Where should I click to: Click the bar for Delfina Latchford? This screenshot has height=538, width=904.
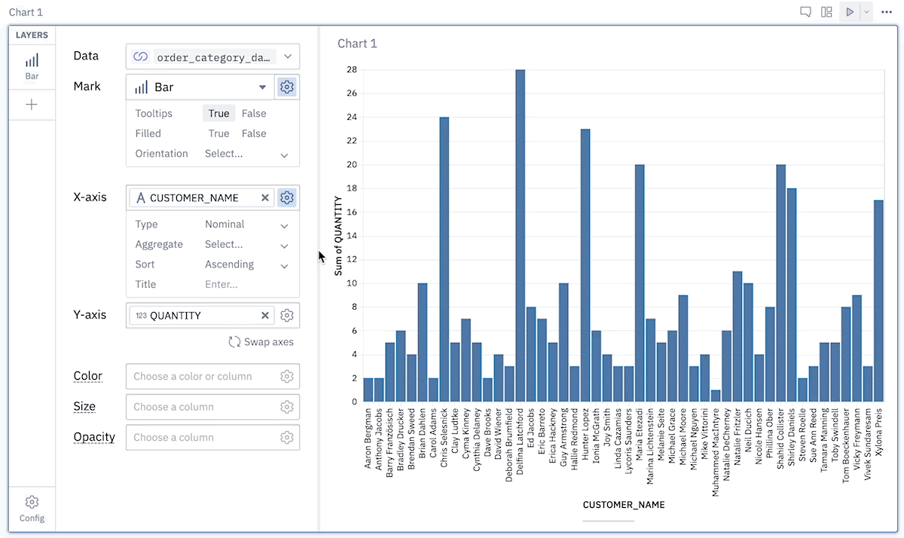521,236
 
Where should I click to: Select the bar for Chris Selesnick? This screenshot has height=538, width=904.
444,259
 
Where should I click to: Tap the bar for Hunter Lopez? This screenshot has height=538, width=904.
585,265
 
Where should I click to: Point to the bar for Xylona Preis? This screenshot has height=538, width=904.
878,301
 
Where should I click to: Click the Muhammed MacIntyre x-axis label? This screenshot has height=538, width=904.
716,452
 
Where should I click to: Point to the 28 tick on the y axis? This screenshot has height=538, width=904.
352,69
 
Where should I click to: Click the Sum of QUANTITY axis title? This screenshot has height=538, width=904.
338,236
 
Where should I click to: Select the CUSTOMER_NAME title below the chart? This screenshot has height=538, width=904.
624,505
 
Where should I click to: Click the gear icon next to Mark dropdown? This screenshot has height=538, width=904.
286,87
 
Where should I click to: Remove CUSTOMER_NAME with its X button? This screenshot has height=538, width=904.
264,197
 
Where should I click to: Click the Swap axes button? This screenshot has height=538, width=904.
261,342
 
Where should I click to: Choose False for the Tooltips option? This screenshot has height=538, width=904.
254,114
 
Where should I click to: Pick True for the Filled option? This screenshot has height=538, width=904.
218,133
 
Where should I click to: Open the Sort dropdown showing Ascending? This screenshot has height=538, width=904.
246,264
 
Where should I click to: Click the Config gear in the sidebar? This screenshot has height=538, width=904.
32,502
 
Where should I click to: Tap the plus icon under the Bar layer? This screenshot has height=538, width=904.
32,105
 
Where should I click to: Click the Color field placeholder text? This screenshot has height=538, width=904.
193,376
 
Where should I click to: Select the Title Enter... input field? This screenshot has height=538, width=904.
221,285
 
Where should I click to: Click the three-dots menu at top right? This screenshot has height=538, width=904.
887,12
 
